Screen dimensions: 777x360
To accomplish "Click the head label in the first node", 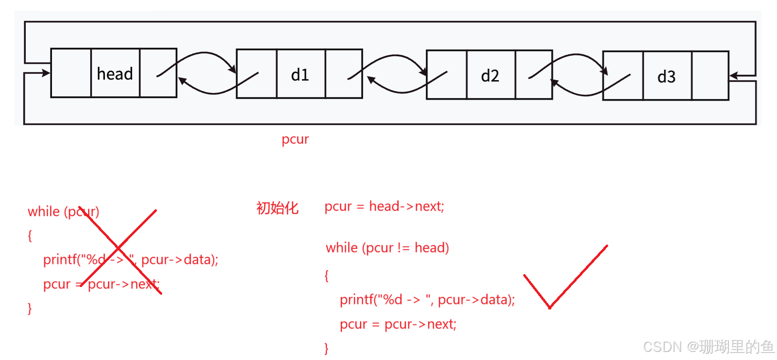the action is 115,74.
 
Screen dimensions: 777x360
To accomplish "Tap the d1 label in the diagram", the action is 300,75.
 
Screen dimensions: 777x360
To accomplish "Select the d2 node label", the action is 490,76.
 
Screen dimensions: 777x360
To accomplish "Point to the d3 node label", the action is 666,77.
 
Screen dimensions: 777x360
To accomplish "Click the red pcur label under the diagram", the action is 295,139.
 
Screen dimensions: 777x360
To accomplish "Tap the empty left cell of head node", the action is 71,73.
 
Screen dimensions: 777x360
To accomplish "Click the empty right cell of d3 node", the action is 710,76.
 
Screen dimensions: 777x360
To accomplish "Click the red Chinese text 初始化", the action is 277,208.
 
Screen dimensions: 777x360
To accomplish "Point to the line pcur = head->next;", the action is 384,206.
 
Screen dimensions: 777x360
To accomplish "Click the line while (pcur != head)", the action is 387,247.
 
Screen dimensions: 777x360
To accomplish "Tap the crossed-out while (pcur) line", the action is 63,211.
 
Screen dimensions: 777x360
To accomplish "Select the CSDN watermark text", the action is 707,346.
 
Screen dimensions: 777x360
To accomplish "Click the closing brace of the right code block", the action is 326,349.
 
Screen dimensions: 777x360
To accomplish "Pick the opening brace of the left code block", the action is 30,236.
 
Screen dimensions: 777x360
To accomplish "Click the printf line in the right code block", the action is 427,299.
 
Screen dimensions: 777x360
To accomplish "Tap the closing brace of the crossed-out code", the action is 30,309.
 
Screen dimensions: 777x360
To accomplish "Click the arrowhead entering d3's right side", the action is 733,76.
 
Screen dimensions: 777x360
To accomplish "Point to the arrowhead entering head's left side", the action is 46,73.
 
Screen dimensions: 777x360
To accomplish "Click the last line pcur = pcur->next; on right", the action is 398,324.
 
